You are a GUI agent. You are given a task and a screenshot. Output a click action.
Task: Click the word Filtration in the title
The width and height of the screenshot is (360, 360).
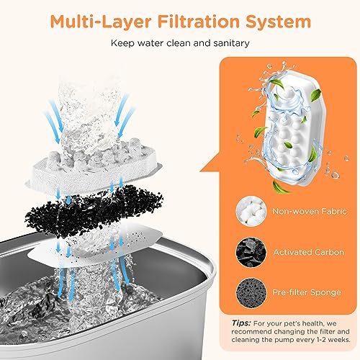pos(199,22)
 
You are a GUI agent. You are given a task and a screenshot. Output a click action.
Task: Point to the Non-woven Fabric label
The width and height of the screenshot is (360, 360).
pos(310,211)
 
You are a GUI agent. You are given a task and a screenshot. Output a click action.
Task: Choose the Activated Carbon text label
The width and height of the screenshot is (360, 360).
pos(309,252)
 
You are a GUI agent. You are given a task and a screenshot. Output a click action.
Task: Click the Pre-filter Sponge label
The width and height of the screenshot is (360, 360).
pos(307,292)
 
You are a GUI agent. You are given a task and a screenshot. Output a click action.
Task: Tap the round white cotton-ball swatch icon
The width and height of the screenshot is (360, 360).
pos(251,211)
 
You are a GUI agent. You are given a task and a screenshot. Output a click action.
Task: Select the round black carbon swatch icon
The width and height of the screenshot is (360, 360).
pos(251,252)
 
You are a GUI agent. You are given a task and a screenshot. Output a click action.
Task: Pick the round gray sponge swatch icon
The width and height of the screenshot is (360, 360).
pos(251,292)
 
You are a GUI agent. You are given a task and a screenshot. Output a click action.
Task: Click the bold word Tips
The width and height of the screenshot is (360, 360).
pos(241,323)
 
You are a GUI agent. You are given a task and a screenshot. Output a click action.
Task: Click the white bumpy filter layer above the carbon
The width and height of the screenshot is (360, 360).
pos(94,166)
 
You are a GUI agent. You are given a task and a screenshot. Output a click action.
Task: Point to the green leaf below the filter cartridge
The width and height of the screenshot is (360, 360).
pos(280,187)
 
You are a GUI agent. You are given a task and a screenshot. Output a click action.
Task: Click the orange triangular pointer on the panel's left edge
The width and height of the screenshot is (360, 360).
pos(210,163)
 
